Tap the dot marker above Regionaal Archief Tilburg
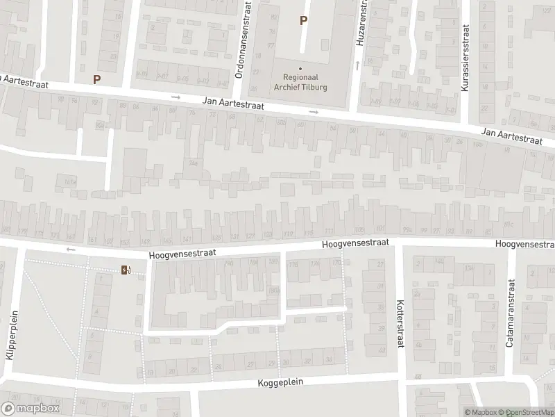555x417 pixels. click(301, 68)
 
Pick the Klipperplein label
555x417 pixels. click(10, 339)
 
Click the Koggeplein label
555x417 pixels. click(281, 383)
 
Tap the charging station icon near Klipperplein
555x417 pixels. click(126, 270)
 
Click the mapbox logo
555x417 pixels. click(30, 409)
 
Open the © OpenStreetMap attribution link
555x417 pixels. click(529, 412)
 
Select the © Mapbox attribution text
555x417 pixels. click(484, 412)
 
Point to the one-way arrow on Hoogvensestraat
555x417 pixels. click(70, 249)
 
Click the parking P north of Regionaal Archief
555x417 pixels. click(303, 21)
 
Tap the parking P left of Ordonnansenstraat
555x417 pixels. click(96, 79)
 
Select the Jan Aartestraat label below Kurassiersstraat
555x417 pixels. click(511, 136)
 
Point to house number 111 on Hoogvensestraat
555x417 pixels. click(329, 231)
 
